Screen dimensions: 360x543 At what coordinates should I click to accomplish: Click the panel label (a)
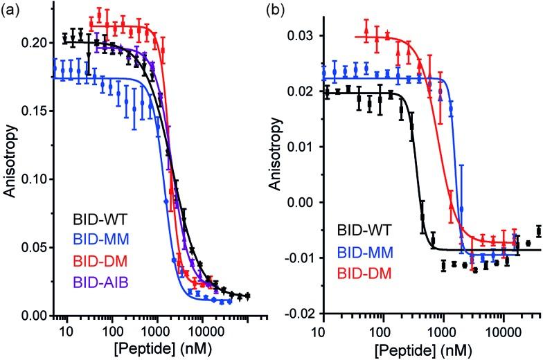tap(12, 12)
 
